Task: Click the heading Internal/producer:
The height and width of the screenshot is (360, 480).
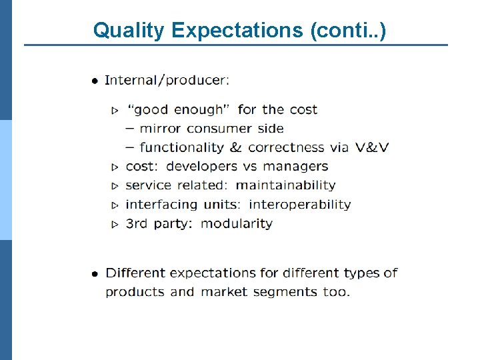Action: tap(167, 81)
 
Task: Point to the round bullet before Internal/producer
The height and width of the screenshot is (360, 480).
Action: tap(95, 81)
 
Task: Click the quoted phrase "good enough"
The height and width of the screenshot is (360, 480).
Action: tap(179, 109)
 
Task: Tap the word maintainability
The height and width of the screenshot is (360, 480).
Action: tap(285, 185)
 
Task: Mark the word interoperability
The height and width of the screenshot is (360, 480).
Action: tap(299, 205)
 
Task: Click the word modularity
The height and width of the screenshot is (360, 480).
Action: tap(236, 224)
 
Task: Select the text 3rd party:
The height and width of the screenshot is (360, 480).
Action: tap(159, 224)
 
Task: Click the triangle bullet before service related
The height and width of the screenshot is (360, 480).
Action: tap(115, 186)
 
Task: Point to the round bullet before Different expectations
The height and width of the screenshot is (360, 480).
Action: tap(95, 273)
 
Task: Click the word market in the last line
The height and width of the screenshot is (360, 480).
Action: tap(223, 292)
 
